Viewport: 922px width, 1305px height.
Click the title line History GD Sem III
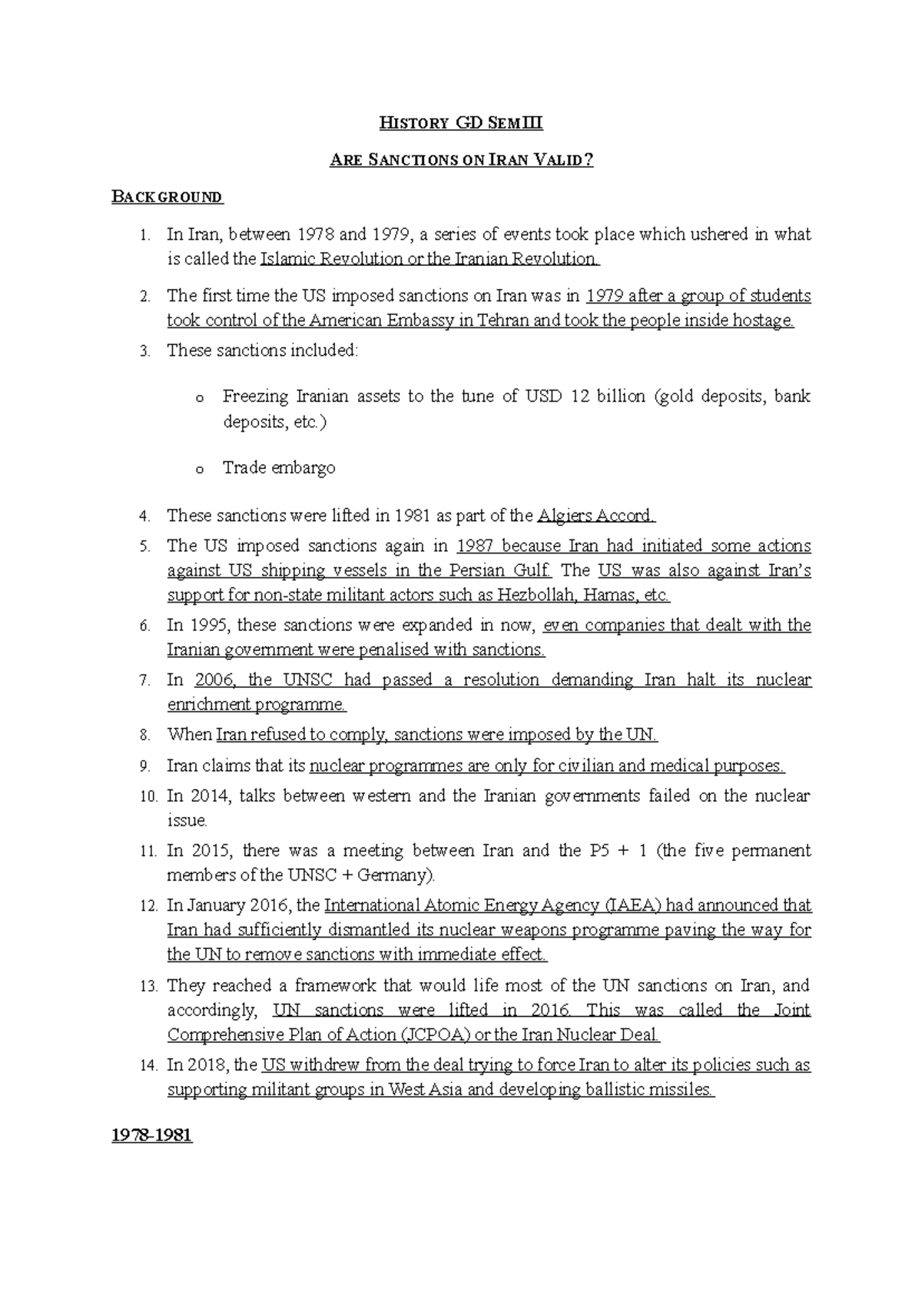pyautogui.click(x=461, y=123)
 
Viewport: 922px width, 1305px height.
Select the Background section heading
pyautogui.click(x=167, y=197)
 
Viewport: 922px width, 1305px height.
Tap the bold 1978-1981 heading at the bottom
pyautogui.click(x=151, y=1135)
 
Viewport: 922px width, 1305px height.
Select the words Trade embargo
pyautogui.click(x=279, y=467)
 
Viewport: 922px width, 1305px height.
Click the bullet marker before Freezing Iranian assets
pyautogui.click(x=199, y=399)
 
